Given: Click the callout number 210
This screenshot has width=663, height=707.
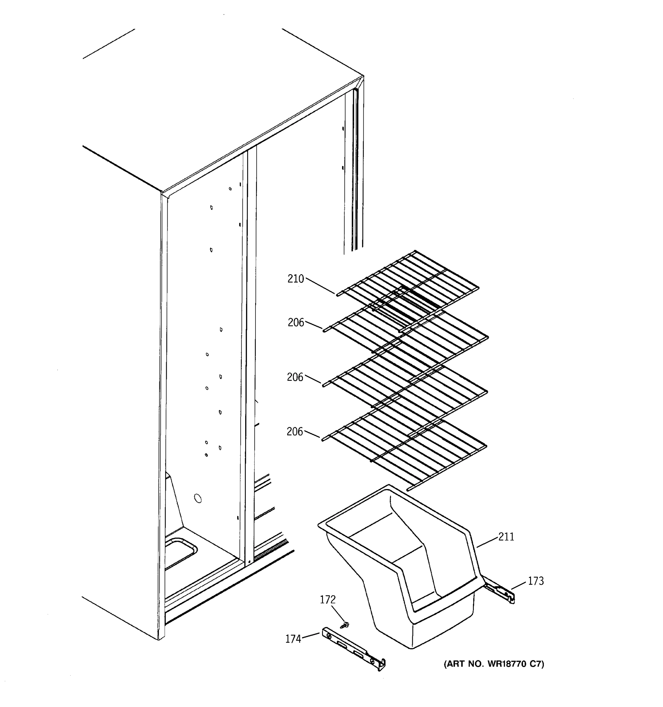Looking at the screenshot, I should pos(296,279).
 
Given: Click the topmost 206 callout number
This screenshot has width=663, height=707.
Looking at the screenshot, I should pos(296,323).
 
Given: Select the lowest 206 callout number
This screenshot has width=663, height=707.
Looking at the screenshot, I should pos(295,432).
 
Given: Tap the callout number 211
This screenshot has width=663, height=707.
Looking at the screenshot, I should pos(506,537).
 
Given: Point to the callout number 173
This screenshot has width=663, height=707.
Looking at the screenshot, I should pos(536,581).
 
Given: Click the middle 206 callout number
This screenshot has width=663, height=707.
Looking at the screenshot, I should pos(295,377).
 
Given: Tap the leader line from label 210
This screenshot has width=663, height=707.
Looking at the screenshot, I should pos(320,286).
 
